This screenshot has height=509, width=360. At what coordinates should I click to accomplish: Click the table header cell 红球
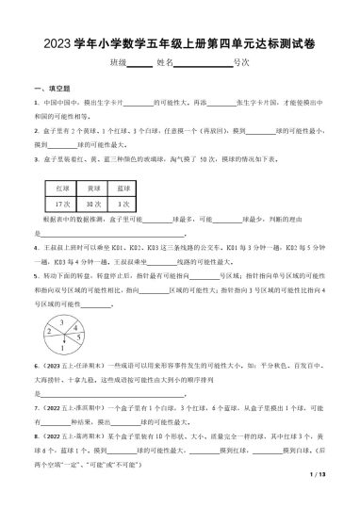(x=64, y=189)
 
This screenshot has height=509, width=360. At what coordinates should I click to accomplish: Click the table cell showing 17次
(x=64, y=204)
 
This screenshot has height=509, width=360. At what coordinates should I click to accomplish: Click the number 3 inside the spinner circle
(x=59, y=323)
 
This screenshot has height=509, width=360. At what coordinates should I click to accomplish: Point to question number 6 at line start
(x=36, y=364)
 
